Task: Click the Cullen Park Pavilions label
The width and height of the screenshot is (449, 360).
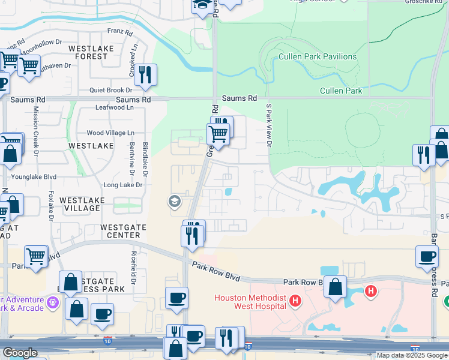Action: click(x=318, y=57)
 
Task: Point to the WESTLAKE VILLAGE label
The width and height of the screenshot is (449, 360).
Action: click(x=82, y=204)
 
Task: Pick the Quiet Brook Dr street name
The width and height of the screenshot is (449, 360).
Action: click(x=110, y=90)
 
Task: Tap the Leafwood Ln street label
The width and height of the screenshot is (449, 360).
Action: click(x=114, y=107)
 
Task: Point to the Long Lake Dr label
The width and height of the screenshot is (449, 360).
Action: click(x=122, y=185)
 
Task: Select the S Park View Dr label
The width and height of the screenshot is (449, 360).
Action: click(x=270, y=125)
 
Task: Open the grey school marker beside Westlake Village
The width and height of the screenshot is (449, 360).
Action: click(x=175, y=201)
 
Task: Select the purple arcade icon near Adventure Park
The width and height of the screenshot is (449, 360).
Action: click(x=53, y=304)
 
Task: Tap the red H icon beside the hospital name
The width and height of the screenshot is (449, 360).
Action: click(x=295, y=300)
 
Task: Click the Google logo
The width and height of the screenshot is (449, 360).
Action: click(x=20, y=353)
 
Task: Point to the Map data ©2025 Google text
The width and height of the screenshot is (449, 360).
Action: click(x=411, y=355)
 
